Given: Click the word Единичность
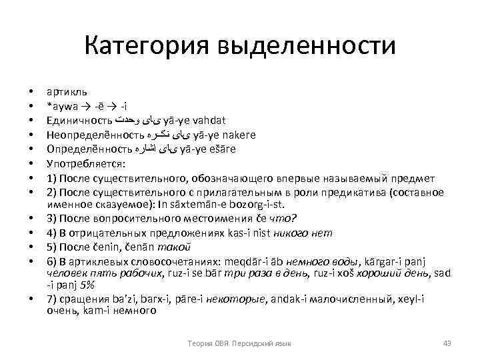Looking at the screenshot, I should tap(78, 120).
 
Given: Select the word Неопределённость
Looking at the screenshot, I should tap(89, 135).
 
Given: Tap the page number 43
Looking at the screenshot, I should tap(447, 343).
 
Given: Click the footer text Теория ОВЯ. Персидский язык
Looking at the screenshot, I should tap(240, 343).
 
